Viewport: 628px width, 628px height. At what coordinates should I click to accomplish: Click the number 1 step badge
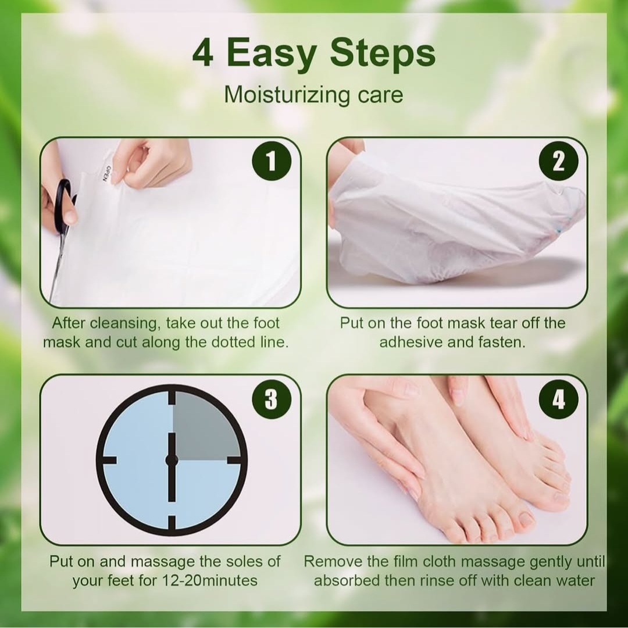click(271, 162)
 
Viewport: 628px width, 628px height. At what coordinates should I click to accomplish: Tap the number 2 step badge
click(558, 162)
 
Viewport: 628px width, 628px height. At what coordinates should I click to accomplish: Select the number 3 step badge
click(271, 399)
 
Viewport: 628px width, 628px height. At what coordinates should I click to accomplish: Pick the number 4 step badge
click(558, 399)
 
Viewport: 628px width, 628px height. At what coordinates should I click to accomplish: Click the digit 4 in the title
click(203, 53)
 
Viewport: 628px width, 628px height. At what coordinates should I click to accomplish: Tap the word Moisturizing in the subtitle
click(287, 95)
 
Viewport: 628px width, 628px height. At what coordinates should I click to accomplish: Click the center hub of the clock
click(172, 460)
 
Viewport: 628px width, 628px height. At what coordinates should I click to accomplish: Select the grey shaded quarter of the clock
click(205, 426)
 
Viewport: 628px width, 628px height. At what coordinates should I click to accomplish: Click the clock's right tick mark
click(234, 460)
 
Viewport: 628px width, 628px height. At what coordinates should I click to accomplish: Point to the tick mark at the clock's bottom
click(172, 522)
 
